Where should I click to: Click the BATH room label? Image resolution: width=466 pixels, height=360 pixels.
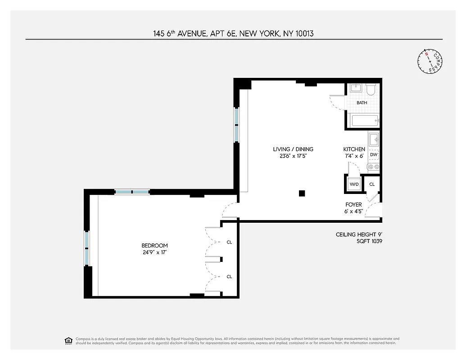pos(362,103)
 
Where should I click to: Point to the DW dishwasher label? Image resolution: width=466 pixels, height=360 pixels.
pos(373,155)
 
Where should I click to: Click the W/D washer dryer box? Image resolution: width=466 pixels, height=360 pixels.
pos(353,184)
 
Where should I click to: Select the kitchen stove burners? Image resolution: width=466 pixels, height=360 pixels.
pos(373,167)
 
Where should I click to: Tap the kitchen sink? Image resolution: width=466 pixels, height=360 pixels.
pos(374,139)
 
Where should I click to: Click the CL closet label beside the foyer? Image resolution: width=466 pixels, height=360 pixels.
pos(372,184)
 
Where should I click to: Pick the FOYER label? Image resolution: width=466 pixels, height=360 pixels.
pos(353,205)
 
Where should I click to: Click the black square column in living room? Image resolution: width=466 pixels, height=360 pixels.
pos(302,193)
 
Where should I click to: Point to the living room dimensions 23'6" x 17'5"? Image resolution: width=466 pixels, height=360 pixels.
pos(293,156)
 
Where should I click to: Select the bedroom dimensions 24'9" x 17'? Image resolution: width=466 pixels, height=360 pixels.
pos(154,252)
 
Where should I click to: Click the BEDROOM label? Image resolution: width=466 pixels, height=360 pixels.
pos(154,245)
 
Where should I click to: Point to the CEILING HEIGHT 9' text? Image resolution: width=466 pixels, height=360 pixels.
pos(359,234)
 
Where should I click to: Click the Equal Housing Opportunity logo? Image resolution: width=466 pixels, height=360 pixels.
pos(68,340)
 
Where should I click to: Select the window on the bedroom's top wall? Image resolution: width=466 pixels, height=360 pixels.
pos(131,192)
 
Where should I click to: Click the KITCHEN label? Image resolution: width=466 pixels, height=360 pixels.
pos(354,149)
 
